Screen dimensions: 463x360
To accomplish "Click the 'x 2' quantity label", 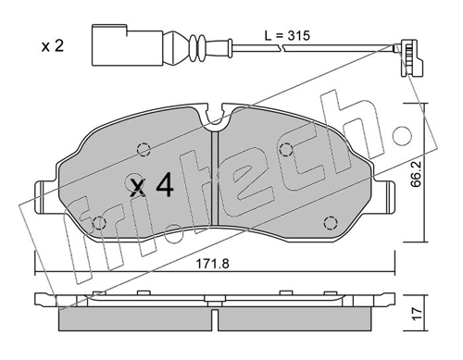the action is point(53,46).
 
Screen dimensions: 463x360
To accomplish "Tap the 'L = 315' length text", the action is point(287,36).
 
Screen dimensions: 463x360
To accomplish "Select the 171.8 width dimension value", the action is point(213,264).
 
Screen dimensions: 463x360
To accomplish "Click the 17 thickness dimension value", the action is point(418,314).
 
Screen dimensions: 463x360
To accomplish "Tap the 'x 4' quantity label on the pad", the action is point(152,185).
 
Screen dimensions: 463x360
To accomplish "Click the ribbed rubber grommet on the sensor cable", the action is point(197,48).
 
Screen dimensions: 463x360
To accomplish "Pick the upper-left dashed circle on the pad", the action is point(144,150).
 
